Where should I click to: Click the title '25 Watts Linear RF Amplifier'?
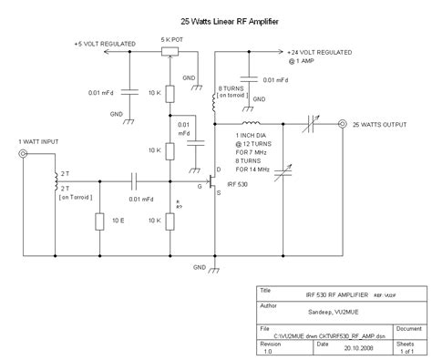click(x=215, y=21)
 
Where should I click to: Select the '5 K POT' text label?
click(x=171, y=40)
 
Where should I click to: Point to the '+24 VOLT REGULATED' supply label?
click(x=324, y=52)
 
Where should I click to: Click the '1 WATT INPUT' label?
click(x=37, y=142)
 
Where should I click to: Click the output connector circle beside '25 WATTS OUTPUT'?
click(x=341, y=123)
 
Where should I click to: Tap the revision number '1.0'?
click(x=268, y=346)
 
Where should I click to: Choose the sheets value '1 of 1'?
click(x=406, y=346)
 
